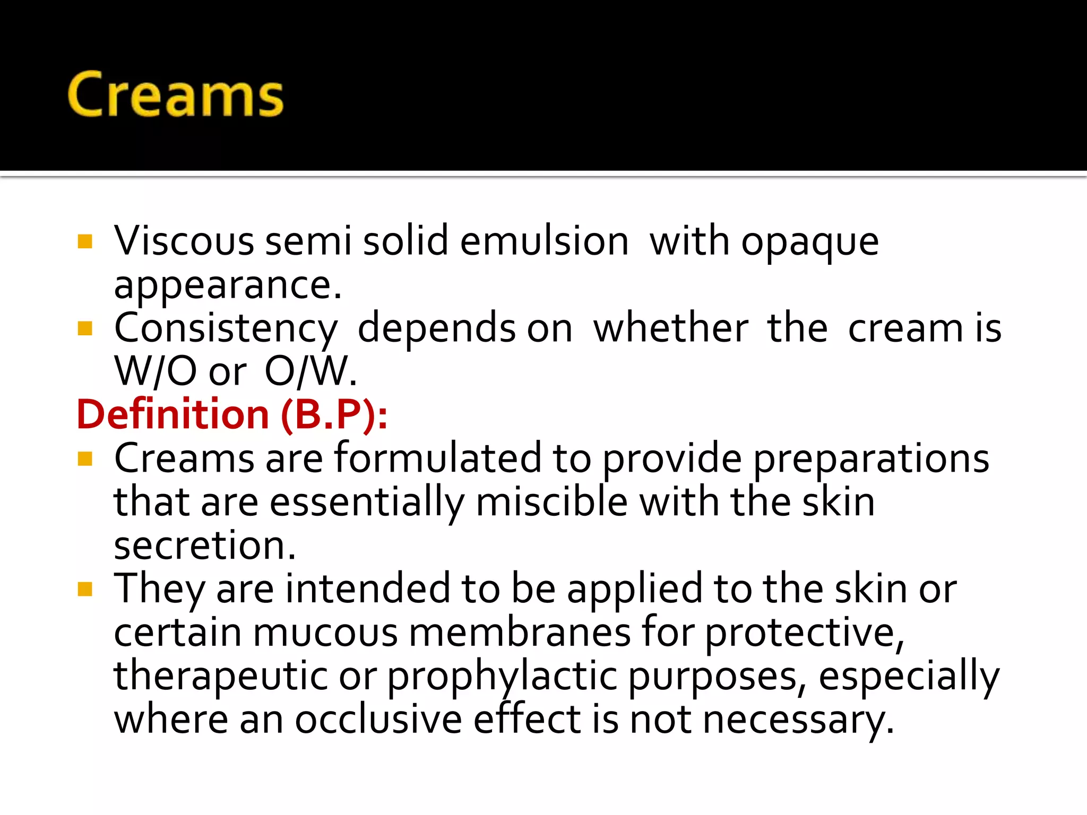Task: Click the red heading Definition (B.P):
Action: click(x=232, y=414)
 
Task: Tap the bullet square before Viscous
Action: click(x=85, y=241)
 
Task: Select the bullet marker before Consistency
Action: click(x=85, y=328)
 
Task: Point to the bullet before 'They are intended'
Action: click(x=85, y=589)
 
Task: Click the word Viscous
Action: click(x=184, y=241)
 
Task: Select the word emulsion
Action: click(x=544, y=241)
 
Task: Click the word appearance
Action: click(x=227, y=287)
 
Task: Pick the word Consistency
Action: click(x=226, y=330)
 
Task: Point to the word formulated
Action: click(x=438, y=458)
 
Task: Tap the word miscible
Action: click(x=551, y=501)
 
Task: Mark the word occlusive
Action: click(x=378, y=719)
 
